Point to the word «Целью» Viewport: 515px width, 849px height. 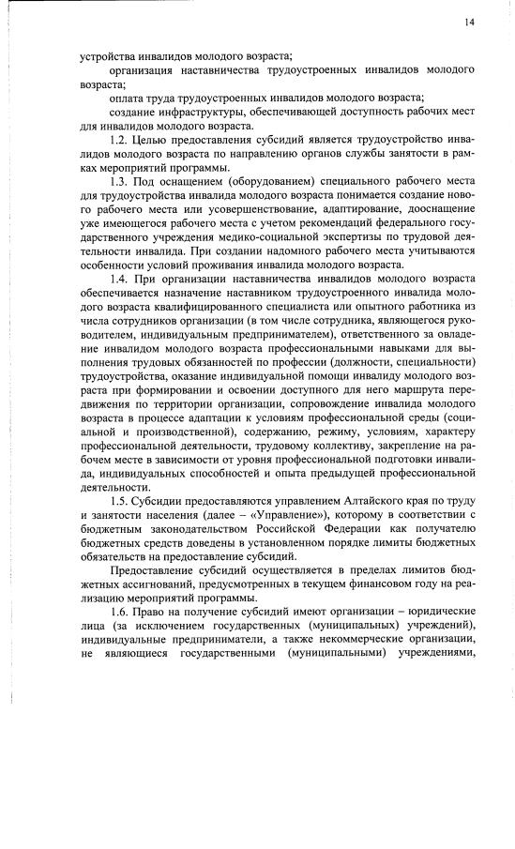coord(154,139)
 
